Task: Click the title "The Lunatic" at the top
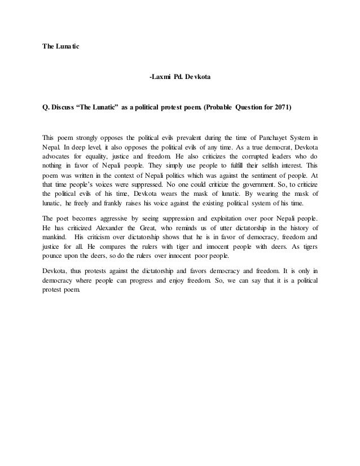click(62, 45)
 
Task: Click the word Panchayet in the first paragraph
click(258, 137)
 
